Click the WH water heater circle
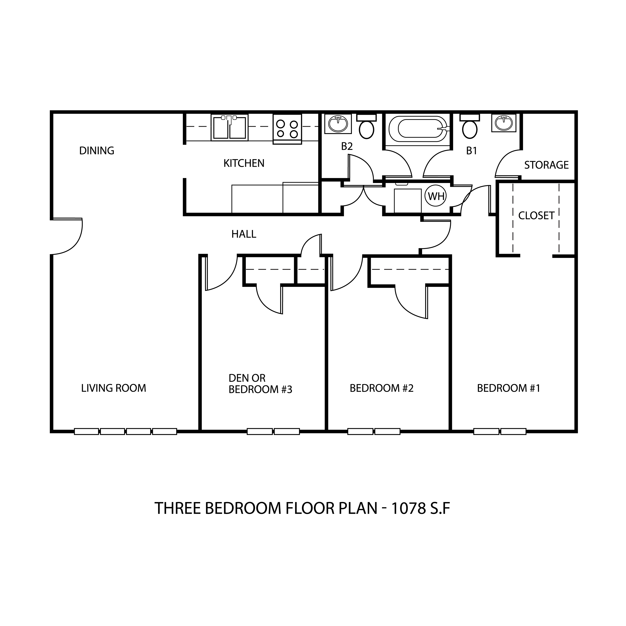(x=436, y=196)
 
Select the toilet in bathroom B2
(x=366, y=126)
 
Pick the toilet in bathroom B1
(x=469, y=126)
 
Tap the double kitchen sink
(x=229, y=127)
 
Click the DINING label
(x=97, y=151)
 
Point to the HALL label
(x=244, y=234)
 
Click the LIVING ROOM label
(x=114, y=388)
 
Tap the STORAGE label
(x=546, y=165)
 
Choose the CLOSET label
(x=536, y=216)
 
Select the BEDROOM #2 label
(x=382, y=388)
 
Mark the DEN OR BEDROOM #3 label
(x=260, y=384)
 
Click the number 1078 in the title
(x=408, y=508)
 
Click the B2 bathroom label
(x=347, y=146)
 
